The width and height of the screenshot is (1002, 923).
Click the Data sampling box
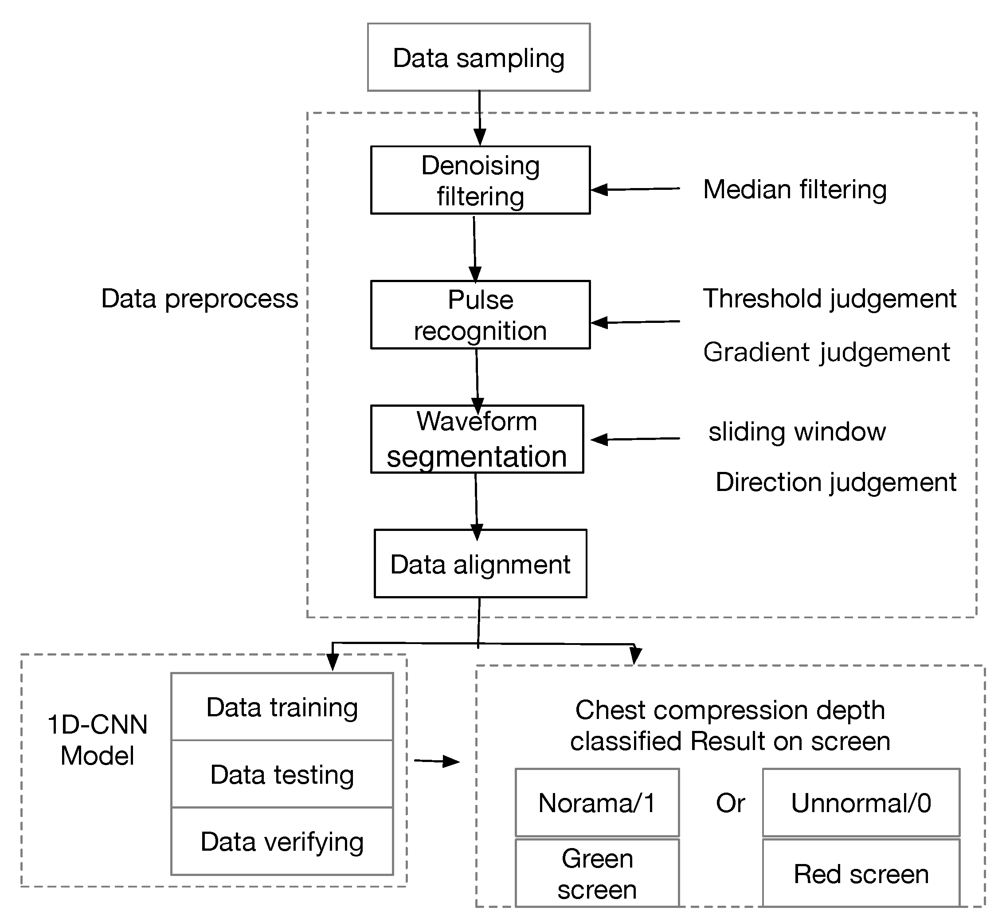point(479,57)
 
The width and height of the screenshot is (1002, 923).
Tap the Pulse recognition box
point(480,314)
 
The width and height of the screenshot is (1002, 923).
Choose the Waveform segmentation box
point(477,439)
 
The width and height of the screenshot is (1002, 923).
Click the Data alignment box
point(480,563)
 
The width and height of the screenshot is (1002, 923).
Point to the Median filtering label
point(795,190)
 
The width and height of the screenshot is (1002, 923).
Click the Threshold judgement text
point(830,299)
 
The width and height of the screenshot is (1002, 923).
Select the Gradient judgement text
point(826,352)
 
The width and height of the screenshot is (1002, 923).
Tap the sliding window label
point(797,432)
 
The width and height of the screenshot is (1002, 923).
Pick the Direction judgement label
point(836,482)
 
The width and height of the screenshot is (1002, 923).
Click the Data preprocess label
point(200,299)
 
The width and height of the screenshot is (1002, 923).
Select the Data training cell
point(282,707)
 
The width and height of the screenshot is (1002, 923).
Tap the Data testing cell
point(282,774)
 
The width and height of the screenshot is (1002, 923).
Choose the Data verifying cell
point(282,841)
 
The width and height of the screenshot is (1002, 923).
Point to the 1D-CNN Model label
point(98,740)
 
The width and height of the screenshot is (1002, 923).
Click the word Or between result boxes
point(730,803)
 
